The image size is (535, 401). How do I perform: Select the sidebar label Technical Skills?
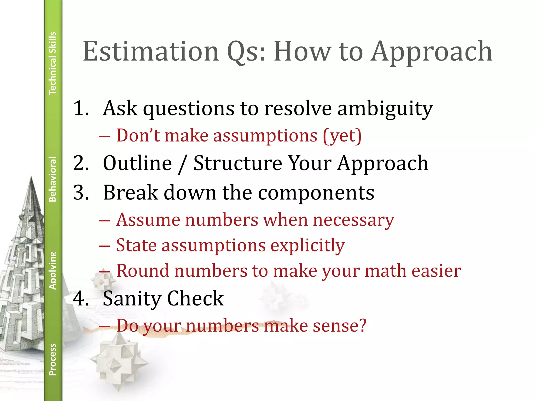click(53, 63)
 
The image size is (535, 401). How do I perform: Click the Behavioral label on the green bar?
click(53, 179)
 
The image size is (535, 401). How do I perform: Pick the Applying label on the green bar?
click(53, 271)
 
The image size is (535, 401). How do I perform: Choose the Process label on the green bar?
click(53, 359)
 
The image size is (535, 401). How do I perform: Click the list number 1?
click(80, 108)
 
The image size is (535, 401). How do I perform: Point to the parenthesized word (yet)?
click(342, 136)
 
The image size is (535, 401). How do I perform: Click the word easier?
click(436, 271)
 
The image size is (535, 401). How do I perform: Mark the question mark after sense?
click(362, 325)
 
